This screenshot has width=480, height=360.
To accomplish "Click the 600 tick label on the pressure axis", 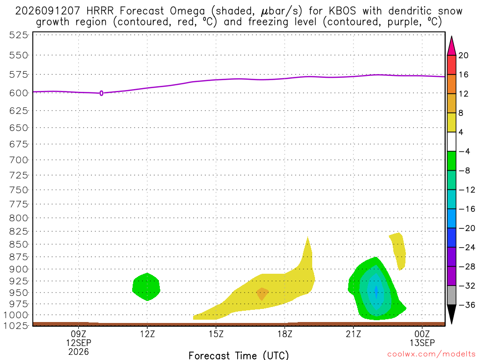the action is tap(19, 93).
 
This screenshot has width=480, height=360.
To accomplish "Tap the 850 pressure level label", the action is tap(19, 244).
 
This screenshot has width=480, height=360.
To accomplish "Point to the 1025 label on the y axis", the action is tap(16, 325).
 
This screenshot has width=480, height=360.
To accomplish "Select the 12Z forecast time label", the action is tap(148, 334).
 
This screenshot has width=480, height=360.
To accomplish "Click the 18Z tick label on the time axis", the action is tap(285, 334).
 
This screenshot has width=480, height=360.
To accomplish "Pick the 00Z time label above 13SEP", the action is tap(422, 334).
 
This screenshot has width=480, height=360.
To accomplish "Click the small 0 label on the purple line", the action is tap(101, 93).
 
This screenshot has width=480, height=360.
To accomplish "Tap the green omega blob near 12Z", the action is tap(146, 287).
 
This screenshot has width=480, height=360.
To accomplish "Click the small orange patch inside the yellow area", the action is tap(262, 294).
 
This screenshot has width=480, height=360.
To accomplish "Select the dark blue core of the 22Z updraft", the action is tap(376, 292).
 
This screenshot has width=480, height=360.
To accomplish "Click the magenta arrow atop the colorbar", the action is tap(451, 46).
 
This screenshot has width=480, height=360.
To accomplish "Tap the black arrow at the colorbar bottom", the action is tap(451, 314).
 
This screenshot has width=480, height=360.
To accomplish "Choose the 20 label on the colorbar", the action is tap(464, 55).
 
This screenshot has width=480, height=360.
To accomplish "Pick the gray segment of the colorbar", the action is tap(451, 295).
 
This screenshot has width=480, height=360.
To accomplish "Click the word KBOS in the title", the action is tap(343, 11).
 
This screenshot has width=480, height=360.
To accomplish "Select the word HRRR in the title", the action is tap(100, 11).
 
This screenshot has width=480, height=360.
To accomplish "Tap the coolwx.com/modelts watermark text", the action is tap(431, 354).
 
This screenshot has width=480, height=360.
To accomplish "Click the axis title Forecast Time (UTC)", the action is tap(239, 355).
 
